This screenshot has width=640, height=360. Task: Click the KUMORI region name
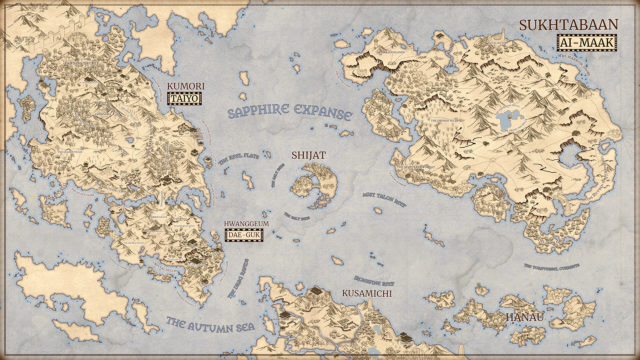coord(186,86)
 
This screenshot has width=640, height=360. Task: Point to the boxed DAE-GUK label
coord(244,235)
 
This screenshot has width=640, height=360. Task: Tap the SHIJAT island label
coord(308,155)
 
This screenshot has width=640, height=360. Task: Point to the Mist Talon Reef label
coord(385,199)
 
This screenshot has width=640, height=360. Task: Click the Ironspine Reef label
coord(374,281)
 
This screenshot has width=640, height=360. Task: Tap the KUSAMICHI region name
coord(367,293)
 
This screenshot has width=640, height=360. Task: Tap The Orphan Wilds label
coord(445,120)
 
